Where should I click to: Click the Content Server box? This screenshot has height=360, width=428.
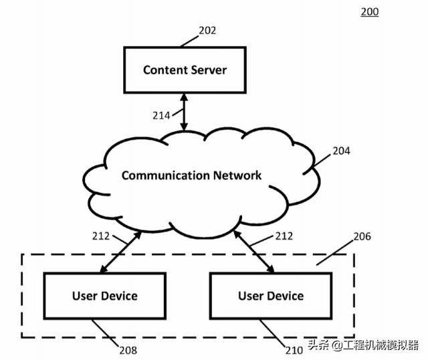(185, 70)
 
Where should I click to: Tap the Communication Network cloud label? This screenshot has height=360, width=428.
(191, 175)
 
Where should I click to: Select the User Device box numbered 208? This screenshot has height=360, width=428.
(104, 295)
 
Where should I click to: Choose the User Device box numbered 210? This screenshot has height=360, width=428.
(270, 295)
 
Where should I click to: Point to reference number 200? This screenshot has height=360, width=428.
(370, 11)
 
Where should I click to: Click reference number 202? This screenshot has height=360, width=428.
(207, 30)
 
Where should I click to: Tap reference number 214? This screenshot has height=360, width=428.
(161, 115)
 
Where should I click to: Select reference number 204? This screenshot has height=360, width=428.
(341, 151)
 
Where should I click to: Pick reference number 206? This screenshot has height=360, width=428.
(362, 237)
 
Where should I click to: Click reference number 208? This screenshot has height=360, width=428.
(128, 349)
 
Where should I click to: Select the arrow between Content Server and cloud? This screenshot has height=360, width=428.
(185, 112)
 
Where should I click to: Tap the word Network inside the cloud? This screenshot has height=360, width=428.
(237, 175)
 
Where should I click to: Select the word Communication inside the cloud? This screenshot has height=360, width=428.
(165, 175)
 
